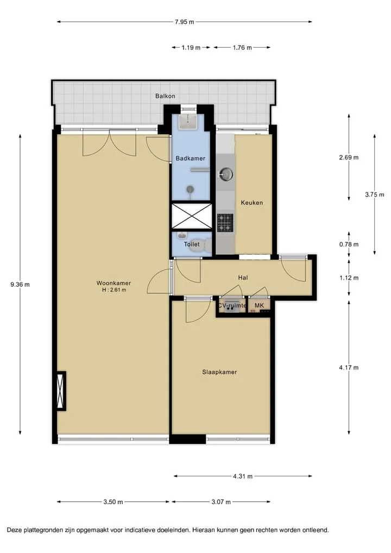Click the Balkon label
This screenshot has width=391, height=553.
(165, 96)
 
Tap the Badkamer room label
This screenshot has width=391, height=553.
(191, 159)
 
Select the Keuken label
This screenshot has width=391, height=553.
(252, 203)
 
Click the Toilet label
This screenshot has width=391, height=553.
(192, 244)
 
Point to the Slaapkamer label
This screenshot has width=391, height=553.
(219, 372)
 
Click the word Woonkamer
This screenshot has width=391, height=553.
(113, 283)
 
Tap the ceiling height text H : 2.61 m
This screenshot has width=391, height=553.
(114, 290)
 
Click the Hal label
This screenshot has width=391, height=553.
(243, 278)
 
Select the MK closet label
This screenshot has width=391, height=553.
(259, 306)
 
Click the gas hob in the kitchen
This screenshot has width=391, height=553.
(225, 223)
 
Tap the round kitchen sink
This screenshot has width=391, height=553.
(226, 173)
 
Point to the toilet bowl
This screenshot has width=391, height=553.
(200, 246)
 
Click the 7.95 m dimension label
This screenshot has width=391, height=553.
(185, 22)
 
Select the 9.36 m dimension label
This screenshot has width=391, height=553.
(20, 285)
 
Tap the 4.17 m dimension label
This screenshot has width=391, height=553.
(349, 368)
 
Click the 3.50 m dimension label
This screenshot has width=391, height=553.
(113, 502)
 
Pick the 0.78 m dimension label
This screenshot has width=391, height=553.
(349, 244)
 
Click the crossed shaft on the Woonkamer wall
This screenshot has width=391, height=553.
(61, 391)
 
